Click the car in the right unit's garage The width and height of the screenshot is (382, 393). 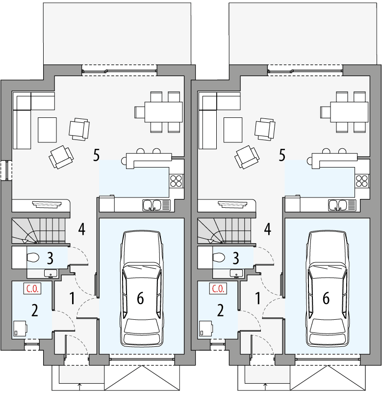click(327, 290)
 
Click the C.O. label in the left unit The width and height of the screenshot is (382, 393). click(32, 289)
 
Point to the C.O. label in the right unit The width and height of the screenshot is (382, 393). click(217, 289)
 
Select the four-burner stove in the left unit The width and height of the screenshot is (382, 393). click(176, 181)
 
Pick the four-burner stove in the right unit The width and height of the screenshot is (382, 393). click(362, 181)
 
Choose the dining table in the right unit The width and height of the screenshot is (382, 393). click(349, 112)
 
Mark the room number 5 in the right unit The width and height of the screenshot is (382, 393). click(281, 156)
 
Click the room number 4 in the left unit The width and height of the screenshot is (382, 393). click(81, 229)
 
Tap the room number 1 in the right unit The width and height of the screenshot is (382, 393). click(257, 298)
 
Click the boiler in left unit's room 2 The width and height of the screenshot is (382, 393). click(20, 329)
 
